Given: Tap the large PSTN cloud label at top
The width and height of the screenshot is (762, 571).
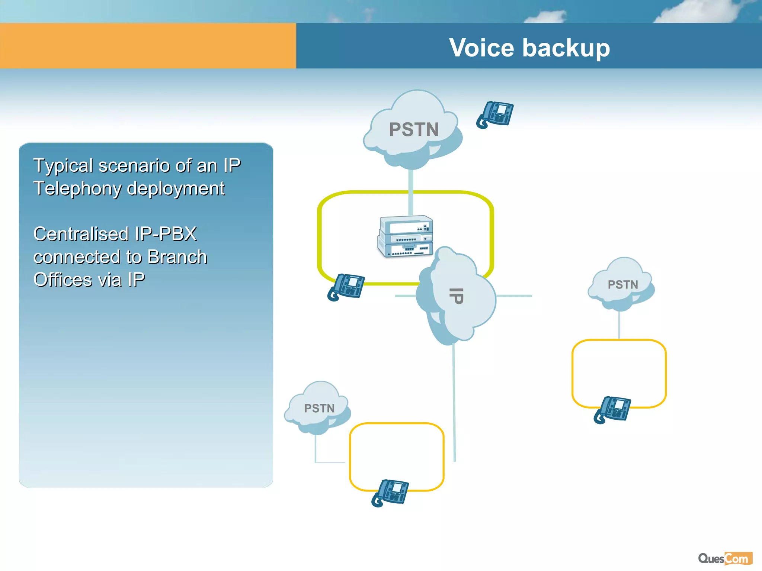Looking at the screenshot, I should pos(414,130).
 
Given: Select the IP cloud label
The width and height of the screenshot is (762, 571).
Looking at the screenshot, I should pos(456,296).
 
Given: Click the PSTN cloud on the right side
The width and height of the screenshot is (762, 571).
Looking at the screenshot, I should pos(622,285).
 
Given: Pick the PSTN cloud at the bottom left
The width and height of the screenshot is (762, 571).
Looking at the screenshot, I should pos(319,408).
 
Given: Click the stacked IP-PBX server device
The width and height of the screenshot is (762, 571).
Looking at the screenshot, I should pos(406,236).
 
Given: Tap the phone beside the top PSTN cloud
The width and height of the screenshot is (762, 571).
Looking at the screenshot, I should pos(495,114).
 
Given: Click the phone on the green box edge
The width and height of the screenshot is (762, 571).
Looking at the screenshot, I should pos(346,287).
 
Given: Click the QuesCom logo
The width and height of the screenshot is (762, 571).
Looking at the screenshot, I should pos(725,558).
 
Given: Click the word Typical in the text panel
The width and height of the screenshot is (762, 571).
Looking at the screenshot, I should pos(63,166).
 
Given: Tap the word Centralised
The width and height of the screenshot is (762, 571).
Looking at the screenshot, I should pos(81,234).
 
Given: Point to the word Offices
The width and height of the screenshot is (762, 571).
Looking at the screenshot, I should pos(63,280).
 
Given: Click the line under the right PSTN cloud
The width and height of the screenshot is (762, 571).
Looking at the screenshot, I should pos(619,325).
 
